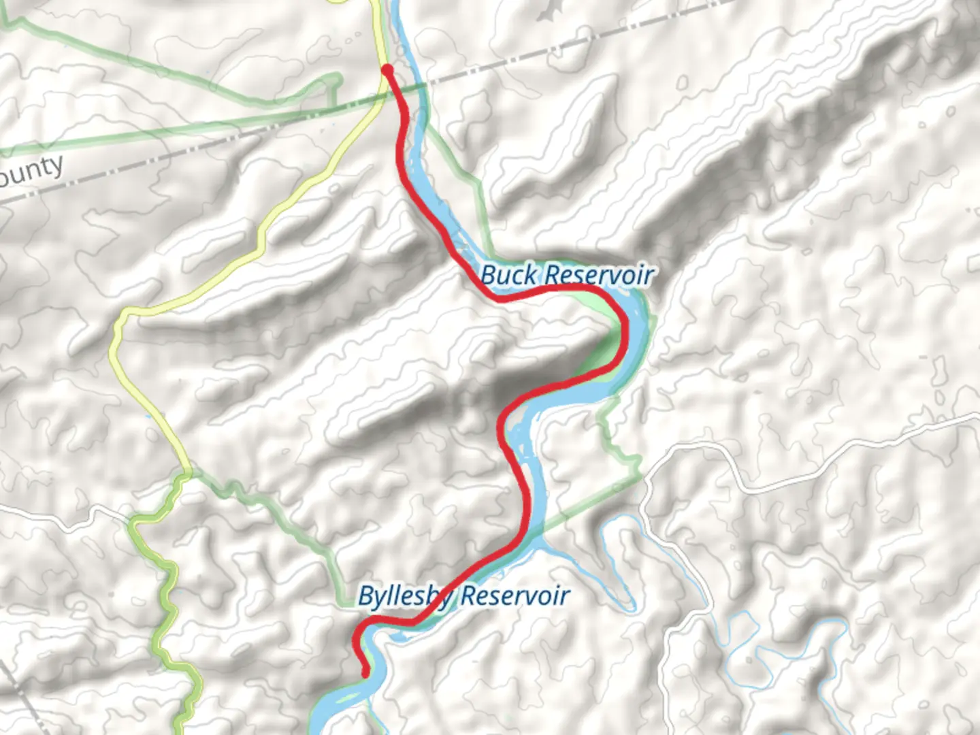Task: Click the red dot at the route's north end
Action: tap(387, 70)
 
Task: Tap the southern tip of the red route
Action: tap(365, 674)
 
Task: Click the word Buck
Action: tap(508, 276)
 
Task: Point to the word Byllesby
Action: tap(405, 597)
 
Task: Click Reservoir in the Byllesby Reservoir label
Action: tap(515, 596)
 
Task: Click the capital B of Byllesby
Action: tap(365, 596)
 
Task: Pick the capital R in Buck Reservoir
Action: tap(553, 275)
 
